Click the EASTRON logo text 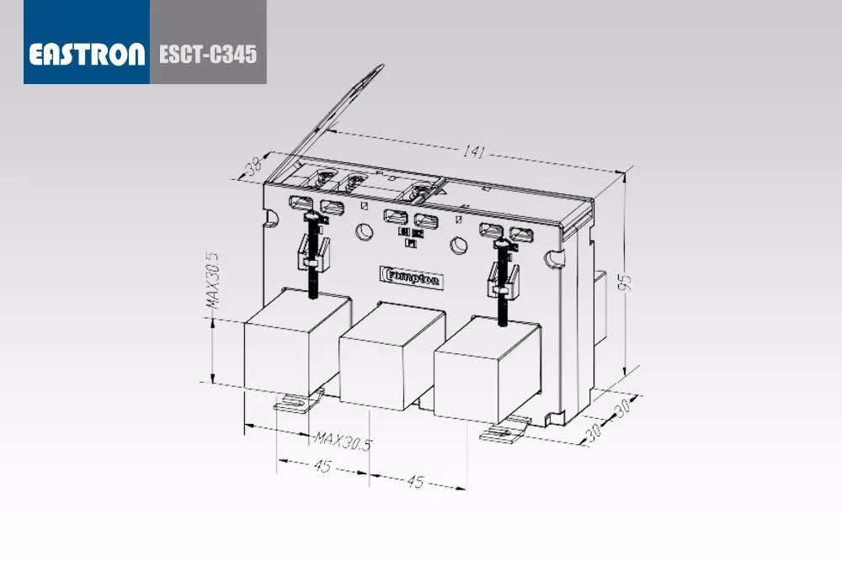[87, 54]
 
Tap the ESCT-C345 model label [208, 54]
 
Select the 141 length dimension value [473, 151]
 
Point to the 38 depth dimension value [253, 167]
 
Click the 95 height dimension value [625, 282]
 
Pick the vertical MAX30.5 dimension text [214, 279]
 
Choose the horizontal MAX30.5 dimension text [343, 441]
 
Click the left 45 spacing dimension [322, 465]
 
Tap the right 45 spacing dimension [415, 482]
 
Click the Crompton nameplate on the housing [412, 278]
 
